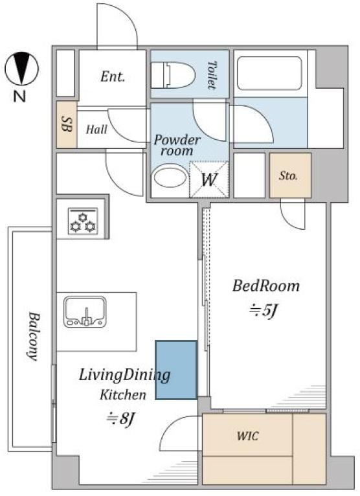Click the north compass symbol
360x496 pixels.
point(21,69)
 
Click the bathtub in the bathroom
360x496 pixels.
point(269,73)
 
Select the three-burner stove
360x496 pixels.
point(83,221)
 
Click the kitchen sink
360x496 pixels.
point(85,312)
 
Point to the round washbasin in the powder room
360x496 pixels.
point(170,178)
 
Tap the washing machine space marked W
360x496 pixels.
point(209,179)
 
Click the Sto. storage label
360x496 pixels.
point(288,175)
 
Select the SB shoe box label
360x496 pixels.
point(67,124)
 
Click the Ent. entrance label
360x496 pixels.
point(112,76)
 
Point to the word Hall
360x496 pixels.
point(97,130)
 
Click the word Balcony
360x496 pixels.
point(33,337)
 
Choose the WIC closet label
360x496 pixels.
point(248,436)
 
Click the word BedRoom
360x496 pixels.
point(266,286)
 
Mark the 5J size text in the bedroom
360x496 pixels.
point(263,311)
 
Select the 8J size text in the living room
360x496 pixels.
point(121,419)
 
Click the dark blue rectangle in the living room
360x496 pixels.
point(176,370)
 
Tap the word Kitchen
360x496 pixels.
point(123,395)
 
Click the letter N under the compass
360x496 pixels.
point(19,96)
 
